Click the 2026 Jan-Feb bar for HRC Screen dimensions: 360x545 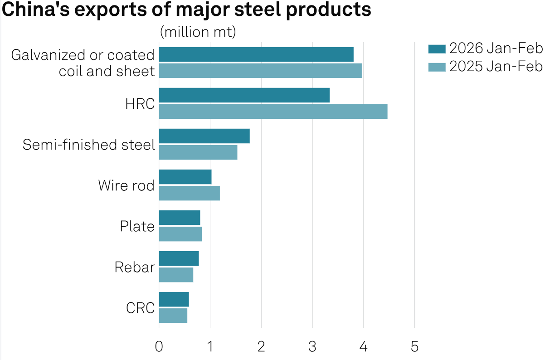point(244,95)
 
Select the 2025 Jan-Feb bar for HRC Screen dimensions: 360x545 point(273,112)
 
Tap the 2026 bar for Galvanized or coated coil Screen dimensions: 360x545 point(256,54)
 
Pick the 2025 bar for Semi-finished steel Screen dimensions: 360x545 point(198,152)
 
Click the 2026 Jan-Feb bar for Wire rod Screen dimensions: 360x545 point(185,177)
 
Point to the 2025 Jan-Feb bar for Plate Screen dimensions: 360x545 point(180,234)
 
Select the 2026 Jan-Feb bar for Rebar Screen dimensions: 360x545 point(179,258)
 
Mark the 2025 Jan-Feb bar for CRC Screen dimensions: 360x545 point(173,316)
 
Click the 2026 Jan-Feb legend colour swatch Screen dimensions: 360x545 point(437,49)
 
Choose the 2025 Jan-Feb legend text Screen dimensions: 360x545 point(496,67)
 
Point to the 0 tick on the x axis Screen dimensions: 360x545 point(159,347)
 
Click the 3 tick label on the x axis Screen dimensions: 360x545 point(312,347)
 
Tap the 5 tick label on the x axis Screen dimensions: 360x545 point(414,347)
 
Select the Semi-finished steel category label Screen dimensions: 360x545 point(89,145)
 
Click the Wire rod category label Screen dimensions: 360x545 point(126,185)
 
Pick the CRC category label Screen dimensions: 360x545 point(140,308)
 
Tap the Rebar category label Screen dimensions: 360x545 point(134,267)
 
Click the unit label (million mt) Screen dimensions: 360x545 point(198,32)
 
